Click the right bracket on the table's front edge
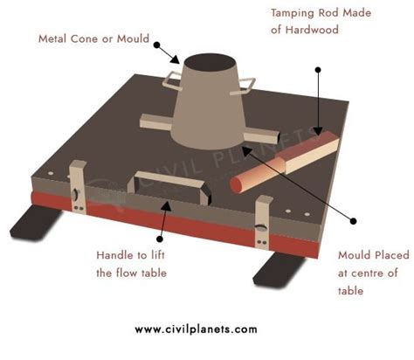[x=259, y=224]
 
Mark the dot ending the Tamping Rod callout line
[x=318, y=69]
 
